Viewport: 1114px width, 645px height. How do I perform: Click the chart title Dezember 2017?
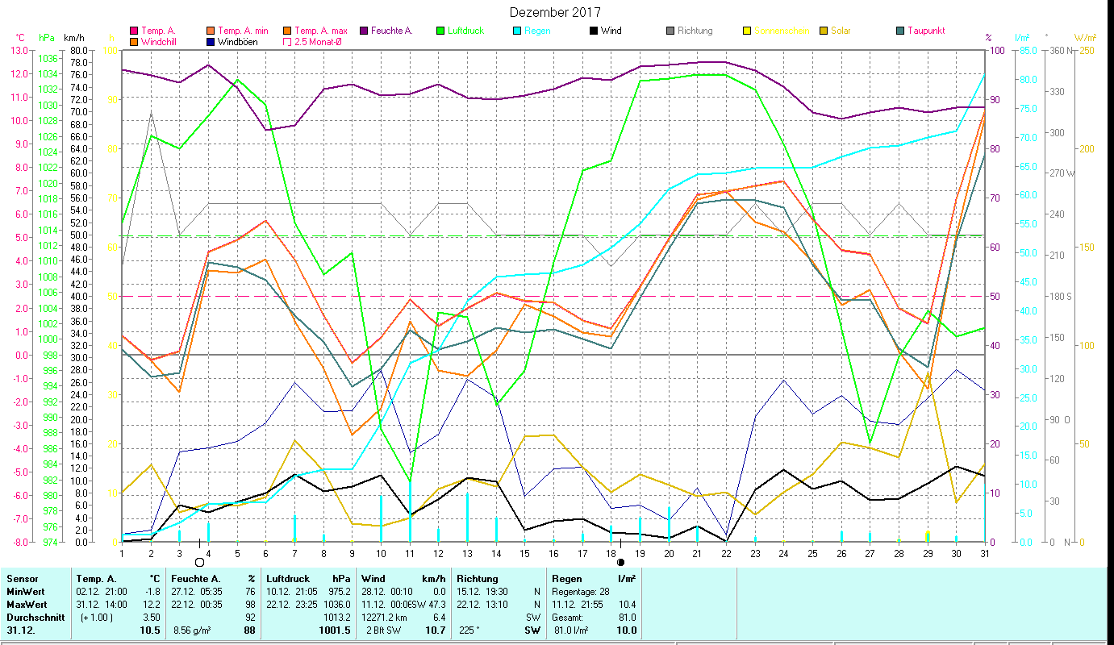click(556, 12)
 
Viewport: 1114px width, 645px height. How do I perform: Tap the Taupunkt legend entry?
click(925, 31)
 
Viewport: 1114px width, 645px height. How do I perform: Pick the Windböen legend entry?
click(237, 41)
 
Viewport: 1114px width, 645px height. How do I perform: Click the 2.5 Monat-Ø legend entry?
click(319, 41)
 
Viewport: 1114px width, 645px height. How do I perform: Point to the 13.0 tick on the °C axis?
click(17, 50)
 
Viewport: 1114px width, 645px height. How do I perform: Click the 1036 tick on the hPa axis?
click(48, 59)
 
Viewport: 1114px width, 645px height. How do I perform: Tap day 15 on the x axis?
click(524, 553)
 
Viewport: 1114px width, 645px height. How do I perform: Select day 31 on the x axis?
click(985, 553)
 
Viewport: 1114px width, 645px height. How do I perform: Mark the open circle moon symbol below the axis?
click(199, 562)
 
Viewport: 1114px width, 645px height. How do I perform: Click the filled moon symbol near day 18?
click(620, 562)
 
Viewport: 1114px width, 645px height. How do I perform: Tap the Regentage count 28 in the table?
click(604, 592)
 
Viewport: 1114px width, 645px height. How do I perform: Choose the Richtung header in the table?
click(478, 578)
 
